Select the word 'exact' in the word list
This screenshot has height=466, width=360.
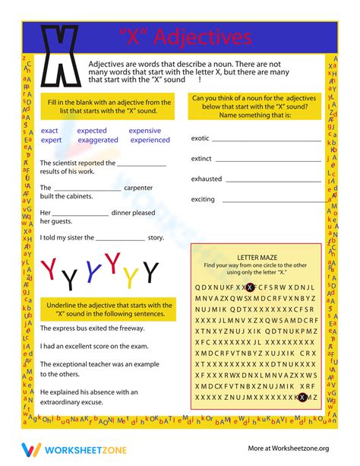pyautogui.click(x=49, y=131)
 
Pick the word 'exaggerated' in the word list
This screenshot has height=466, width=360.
pyautogui.click(x=98, y=140)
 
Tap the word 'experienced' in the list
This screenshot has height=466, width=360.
pyautogui.click(x=150, y=140)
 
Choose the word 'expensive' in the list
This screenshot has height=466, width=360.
pyautogui.click(x=145, y=131)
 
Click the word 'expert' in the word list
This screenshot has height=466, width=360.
pyautogui.click(x=52, y=140)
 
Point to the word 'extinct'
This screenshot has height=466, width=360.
pyautogui.click(x=201, y=159)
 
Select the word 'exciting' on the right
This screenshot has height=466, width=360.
pyautogui.click(x=203, y=199)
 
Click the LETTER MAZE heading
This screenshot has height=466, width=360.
pyautogui.click(x=255, y=258)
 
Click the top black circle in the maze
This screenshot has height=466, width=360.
pyautogui.click(x=250, y=287)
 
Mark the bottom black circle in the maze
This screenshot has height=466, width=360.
pyautogui.click(x=302, y=397)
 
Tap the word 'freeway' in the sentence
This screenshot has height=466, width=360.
pyautogui.click(x=131, y=328)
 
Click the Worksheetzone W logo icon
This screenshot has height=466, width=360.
pyautogui.click(x=30, y=449)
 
